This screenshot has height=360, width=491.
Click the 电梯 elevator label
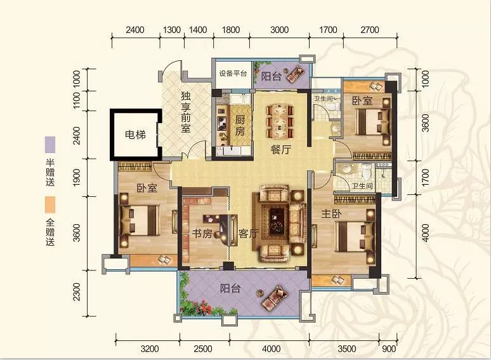pos(135,135)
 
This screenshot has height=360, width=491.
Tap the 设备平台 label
pos(233,74)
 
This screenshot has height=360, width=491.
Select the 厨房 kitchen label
pos(240,126)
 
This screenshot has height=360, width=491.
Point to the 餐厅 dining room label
pos(280,150)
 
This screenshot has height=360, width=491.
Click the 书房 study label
pos(202,234)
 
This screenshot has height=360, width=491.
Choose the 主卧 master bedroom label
pos(331,214)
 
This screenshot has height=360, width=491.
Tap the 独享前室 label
pos(186,112)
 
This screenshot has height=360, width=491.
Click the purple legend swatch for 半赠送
pos(50,145)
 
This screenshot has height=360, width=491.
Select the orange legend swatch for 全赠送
pos(50,205)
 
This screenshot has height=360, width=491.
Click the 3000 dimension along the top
pos(279,30)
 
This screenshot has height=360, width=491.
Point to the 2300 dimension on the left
pos(77,291)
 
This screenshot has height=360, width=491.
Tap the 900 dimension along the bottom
pos(389,349)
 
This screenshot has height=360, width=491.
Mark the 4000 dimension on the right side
pos(426,233)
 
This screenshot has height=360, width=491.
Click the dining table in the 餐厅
pos(280,121)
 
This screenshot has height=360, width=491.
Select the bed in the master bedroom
pos(355,237)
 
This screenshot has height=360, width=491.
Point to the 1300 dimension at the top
pos(172,30)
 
